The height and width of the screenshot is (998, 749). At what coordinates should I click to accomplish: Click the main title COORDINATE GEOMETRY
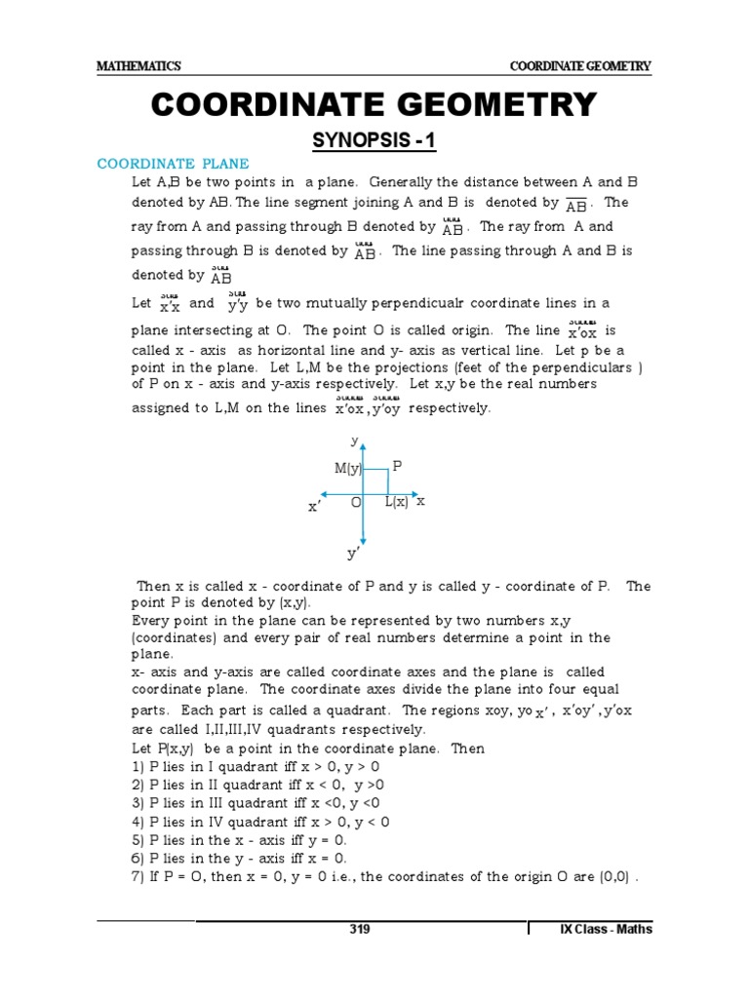point(374,105)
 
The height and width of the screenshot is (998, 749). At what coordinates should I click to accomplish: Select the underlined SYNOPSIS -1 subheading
point(374,142)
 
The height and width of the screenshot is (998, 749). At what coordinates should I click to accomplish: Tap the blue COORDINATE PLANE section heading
point(173,164)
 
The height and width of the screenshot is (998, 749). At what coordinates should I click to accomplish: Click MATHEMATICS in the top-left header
point(138,66)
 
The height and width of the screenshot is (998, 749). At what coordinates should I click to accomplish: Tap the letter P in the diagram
point(397,467)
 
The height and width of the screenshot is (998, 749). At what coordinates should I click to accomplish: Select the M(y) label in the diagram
point(348,469)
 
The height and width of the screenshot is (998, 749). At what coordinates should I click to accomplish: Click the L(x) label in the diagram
point(395,501)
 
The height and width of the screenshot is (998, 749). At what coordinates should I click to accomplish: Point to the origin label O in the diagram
point(356,501)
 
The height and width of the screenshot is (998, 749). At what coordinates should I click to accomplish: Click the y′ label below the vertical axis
point(354,554)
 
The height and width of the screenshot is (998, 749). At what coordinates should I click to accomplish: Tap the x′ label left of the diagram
point(314,508)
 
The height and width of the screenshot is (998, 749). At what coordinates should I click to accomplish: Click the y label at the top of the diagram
point(355,441)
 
